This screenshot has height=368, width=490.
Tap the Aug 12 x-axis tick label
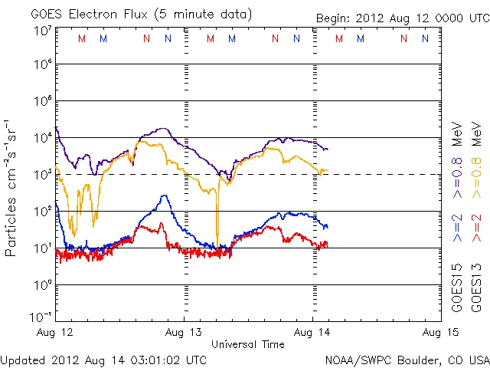[x=56, y=332]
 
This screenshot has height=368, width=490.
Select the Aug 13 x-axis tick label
[x=185, y=332]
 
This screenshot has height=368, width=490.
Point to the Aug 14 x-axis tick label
[x=312, y=332]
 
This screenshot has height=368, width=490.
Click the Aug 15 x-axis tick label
[x=439, y=332]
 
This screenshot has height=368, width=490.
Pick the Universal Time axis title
[x=248, y=344]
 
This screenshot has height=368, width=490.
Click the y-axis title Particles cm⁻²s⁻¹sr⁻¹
[x=11, y=187]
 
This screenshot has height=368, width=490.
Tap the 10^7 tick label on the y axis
[x=42, y=31]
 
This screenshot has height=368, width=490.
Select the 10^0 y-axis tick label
[x=42, y=284]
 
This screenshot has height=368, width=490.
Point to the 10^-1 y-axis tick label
[x=41, y=317]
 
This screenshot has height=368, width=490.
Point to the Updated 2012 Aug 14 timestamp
[x=103, y=360]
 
